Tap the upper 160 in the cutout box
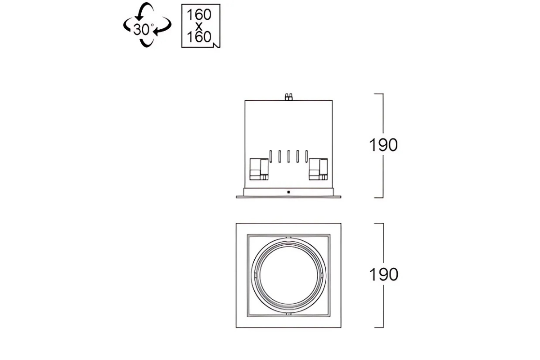point(199,15)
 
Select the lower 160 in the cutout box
point(199,37)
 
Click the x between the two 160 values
point(198,26)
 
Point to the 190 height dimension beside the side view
point(383,145)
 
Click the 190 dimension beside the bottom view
point(383,274)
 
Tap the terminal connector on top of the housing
point(288,97)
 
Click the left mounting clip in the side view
point(259,169)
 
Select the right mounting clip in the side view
point(318,169)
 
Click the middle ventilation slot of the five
point(288,156)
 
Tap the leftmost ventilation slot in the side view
point(271,156)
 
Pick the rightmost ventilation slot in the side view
point(306,156)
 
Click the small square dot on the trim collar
point(288,192)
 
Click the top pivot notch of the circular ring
point(288,238)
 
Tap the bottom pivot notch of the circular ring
point(288,314)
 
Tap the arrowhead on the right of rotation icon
point(157,31)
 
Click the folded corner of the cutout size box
point(216,45)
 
